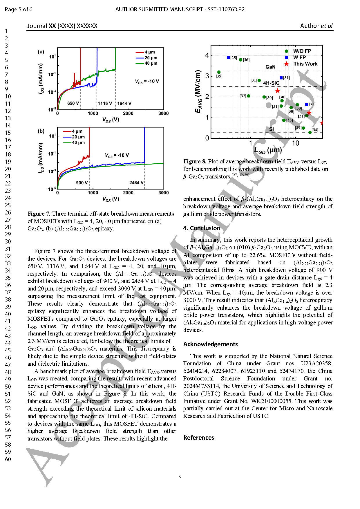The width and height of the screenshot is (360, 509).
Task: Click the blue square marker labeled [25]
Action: click(x=228, y=58)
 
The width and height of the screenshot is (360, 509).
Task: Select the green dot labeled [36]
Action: click(x=240, y=60)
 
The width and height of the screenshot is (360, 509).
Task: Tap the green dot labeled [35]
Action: click(x=219, y=72)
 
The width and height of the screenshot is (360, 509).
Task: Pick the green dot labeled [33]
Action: click(x=284, y=120)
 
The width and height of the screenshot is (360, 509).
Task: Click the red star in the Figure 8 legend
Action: click(x=286, y=64)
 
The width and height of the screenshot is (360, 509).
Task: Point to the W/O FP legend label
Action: click(x=302, y=51)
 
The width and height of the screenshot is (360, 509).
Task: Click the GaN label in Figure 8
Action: click(x=270, y=67)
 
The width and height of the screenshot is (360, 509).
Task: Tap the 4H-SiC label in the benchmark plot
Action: click(x=271, y=83)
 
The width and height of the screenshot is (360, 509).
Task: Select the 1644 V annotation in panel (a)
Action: click(x=124, y=103)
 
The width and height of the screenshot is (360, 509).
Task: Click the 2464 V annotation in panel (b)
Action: click(x=136, y=183)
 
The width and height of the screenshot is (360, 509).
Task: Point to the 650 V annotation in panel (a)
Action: click(x=73, y=103)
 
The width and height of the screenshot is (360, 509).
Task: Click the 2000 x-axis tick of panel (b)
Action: click(x=128, y=193)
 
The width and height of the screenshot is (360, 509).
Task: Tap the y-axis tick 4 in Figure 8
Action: click(x=207, y=55)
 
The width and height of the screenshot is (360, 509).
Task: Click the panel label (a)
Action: click(x=41, y=52)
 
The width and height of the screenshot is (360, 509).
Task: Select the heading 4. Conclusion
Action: click(x=202, y=228)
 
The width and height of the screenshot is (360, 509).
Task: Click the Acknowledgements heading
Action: click(x=211, y=344)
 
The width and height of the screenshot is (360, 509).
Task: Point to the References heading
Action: click(x=199, y=438)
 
